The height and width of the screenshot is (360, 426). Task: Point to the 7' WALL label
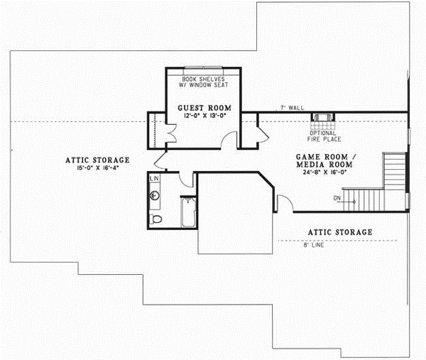(292, 107)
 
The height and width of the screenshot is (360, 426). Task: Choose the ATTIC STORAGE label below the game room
(339, 232)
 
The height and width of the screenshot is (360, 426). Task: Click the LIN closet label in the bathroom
(155, 178)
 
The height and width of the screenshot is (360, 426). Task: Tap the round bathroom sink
(155, 195)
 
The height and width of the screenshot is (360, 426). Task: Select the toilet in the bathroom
(157, 219)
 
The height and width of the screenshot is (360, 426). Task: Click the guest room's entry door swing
(228, 140)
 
